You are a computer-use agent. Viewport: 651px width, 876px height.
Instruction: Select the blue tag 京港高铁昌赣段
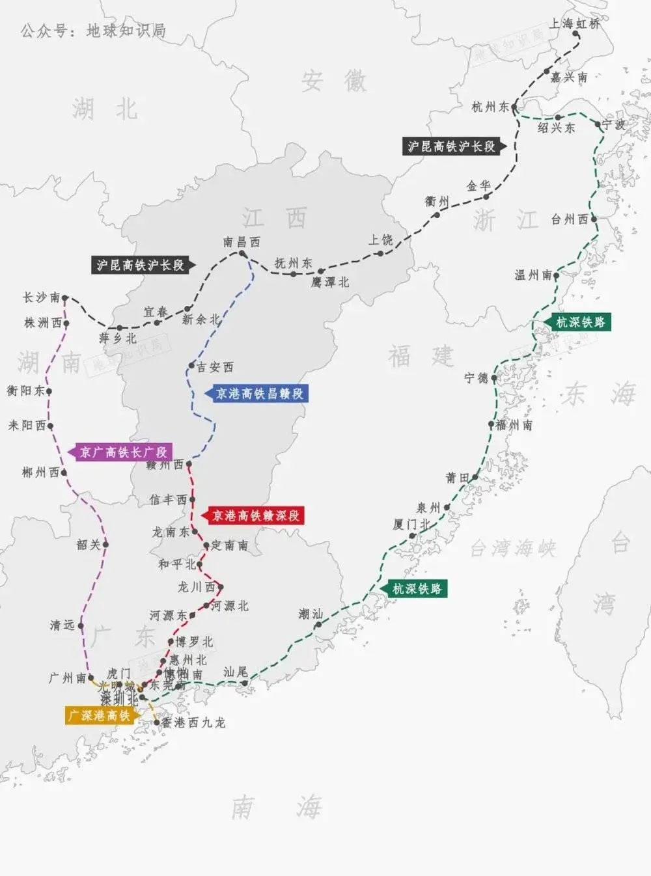tap(259, 394)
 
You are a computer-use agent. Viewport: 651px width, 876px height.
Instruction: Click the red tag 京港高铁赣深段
tap(256, 516)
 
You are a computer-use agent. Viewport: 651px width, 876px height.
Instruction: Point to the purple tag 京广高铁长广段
tap(123, 452)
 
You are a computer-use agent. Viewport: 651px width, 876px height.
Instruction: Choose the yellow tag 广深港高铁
tap(100, 715)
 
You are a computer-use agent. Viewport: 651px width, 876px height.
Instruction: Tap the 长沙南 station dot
tap(65, 298)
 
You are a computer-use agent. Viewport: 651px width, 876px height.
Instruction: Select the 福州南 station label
tap(514, 425)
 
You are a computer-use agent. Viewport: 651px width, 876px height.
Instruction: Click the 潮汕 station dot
tap(318, 625)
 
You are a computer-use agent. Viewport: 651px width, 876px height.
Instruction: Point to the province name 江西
tap(274, 219)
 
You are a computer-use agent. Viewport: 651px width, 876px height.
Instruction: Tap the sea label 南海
tap(277, 808)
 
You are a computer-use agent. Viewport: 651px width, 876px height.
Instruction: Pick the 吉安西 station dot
tap(191, 366)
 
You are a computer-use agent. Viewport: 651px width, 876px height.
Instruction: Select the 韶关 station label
tap(89, 545)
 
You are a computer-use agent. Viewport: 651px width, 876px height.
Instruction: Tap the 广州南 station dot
tap(90, 678)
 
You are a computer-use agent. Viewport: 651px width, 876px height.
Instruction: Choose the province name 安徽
tap(333, 81)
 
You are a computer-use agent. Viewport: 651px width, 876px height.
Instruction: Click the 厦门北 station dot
tap(412, 536)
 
